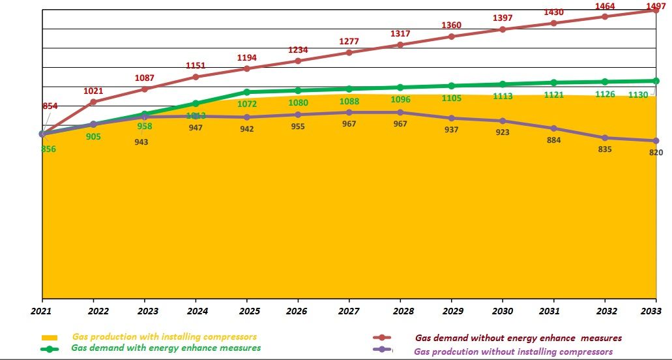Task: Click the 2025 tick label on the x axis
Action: (x=246, y=312)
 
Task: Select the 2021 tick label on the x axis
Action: (x=42, y=312)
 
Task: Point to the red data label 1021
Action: (x=93, y=91)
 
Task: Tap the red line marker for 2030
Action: (x=503, y=29)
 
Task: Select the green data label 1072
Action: (x=247, y=104)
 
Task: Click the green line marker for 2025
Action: (x=246, y=92)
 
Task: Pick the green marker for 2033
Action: (x=656, y=81)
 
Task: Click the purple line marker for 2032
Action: (x=605, y=138)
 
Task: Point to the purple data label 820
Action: (x=656, y=153)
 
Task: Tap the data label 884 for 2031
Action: (x=554, y=140)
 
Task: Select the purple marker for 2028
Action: (x=400, y=112)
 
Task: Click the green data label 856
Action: (x=48, y=149)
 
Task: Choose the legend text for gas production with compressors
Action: (x=164, y=337)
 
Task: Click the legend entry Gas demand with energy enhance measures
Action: (x=166, y=348)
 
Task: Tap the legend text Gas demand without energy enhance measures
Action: (x=518, y=338)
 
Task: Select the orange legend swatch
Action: (x=50, y=338)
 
